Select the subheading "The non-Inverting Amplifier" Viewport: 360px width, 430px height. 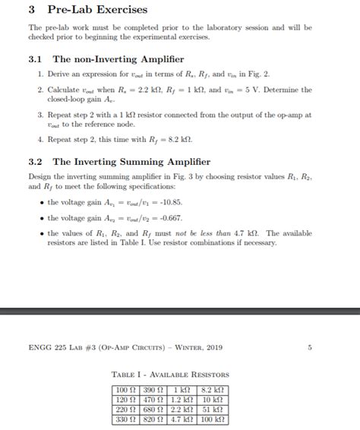(118, 58)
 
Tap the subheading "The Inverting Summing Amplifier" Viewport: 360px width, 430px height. (131, 162)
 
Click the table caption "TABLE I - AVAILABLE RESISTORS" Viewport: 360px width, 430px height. (169, 375)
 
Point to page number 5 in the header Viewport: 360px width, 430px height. (309, 348)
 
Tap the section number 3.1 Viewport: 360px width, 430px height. (34, 58)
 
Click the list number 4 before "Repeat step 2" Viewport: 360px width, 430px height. (39, 140)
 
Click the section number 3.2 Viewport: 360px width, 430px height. (34, 162)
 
